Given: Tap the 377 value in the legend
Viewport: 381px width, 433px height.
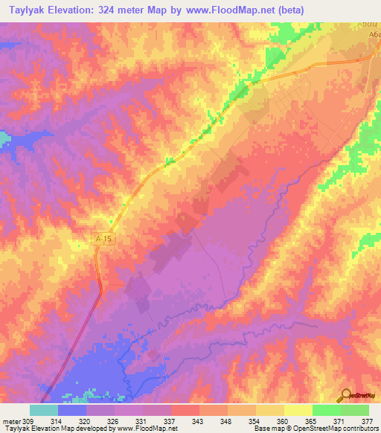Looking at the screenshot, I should (365, 420).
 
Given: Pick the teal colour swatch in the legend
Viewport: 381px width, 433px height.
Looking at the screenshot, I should (43, 410).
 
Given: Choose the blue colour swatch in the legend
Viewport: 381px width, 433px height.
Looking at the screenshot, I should (71, 410).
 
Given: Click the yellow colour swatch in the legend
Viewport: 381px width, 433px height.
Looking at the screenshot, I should (298, 410).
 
